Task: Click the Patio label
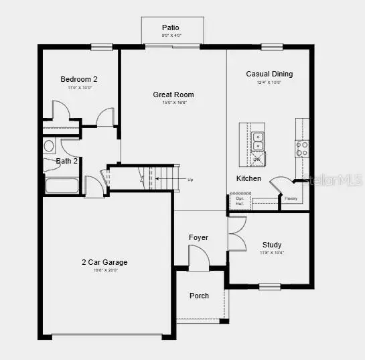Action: (170, 27)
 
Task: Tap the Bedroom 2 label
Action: (79, 79)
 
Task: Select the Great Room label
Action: (173, 95)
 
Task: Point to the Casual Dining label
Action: (269, 74)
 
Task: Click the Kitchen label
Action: (248, 178)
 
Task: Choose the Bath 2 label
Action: (67, 161)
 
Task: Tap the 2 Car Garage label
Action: (104, 262)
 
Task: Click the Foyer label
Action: (198, 237)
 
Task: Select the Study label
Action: (272, 245)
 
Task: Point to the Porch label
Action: (199, 296)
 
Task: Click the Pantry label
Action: (291, 199)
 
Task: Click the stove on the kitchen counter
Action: (302, 148)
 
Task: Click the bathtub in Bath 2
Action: (62, 184)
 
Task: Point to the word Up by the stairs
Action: (190, 180)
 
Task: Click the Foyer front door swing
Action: (198, 256)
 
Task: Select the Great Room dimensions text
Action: (173, 103)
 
